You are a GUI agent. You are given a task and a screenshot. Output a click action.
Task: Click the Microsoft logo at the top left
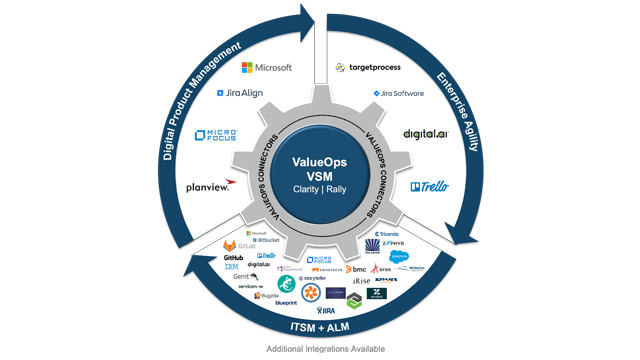click(267, 67)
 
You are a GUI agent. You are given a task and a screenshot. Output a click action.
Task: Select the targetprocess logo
click(368, 67)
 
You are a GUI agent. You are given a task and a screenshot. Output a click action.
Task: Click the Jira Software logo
click(397, 93)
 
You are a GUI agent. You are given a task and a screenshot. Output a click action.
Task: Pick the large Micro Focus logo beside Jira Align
click(215, 135)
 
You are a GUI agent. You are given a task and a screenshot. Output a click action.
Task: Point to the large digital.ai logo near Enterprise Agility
click(423, 134)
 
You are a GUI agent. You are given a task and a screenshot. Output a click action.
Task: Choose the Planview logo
click(210, 187)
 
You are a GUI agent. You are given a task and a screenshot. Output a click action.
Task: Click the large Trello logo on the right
click(430, 186)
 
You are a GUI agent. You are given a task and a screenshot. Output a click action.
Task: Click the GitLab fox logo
click(230, 245)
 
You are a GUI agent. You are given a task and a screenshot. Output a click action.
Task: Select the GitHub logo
click(234, 258)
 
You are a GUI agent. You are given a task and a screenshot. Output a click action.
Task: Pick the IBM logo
click(231, 267)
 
